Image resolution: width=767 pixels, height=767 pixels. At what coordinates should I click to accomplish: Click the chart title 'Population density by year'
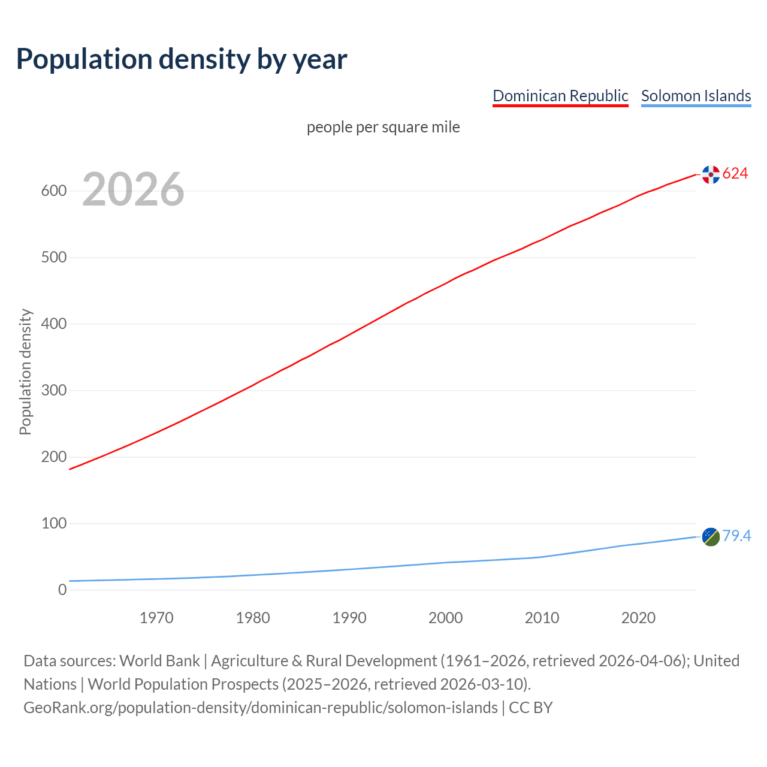(x=182, y=59)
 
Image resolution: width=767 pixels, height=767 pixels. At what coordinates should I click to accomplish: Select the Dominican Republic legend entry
(x=560, y=96)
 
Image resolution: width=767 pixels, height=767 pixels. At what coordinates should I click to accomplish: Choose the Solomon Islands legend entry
(x=696, y=96)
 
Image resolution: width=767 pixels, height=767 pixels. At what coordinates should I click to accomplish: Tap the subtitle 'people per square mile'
(x=383, y=127)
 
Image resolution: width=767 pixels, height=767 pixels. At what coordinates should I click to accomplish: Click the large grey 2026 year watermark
(x=133, y=189)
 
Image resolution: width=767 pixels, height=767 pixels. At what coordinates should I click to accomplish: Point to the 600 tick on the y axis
(x=53, y=191)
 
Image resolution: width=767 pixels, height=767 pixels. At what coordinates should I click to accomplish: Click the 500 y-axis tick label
(x=53, y=258)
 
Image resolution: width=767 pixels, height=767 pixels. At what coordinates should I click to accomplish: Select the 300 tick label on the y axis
(x=53, y=391)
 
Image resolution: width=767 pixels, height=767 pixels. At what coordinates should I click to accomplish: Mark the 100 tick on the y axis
(x=53, y=524)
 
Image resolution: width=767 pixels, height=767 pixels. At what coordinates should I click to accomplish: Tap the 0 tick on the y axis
(x=62, y=590)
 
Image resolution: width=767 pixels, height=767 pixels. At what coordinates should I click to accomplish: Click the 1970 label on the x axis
(x=156, y=618)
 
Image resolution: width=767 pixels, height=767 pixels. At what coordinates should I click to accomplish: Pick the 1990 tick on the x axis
(x=349, y=618)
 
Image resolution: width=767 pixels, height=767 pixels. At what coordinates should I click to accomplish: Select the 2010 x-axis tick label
(x=542, y=618)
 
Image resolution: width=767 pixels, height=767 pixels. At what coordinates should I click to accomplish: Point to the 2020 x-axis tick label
(x=638, y=618)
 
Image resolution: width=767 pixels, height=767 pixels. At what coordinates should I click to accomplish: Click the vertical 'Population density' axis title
(x=25, y=372)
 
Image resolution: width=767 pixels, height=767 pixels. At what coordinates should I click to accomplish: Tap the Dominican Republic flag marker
(x=711, y=174)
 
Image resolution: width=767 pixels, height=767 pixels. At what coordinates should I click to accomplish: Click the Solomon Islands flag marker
(x=711, y=537)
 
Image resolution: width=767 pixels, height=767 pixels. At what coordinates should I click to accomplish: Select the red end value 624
(x=735, y=174)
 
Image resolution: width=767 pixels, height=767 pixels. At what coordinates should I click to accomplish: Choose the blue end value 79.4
(x=736, y=536)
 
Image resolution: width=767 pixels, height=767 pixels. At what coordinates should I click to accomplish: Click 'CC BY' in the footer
(x=530, y=708)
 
